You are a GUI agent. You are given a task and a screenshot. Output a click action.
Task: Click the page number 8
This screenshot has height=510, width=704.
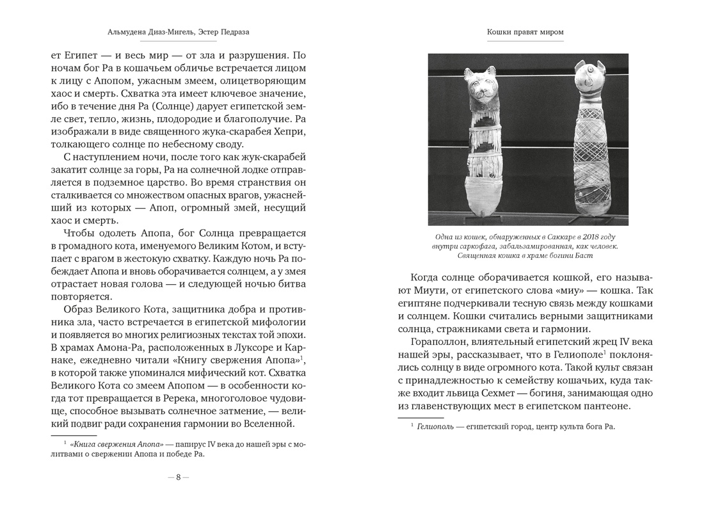[x=179, y=477]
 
